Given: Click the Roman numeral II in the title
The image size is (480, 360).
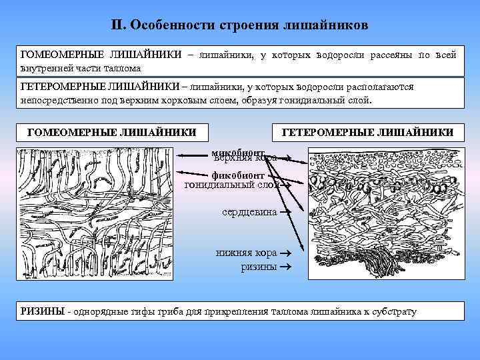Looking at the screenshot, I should pos(117,25).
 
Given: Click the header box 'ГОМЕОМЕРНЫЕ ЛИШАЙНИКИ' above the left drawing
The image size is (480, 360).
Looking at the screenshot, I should pos(112,133).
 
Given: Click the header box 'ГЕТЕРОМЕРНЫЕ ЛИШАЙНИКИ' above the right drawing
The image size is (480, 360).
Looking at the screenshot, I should pos(368,133).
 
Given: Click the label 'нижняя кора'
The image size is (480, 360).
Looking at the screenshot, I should pos(246,254).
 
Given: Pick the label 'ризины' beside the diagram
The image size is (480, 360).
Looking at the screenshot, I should pos(259,267).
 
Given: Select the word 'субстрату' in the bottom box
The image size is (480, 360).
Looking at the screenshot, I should pos(394,312).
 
